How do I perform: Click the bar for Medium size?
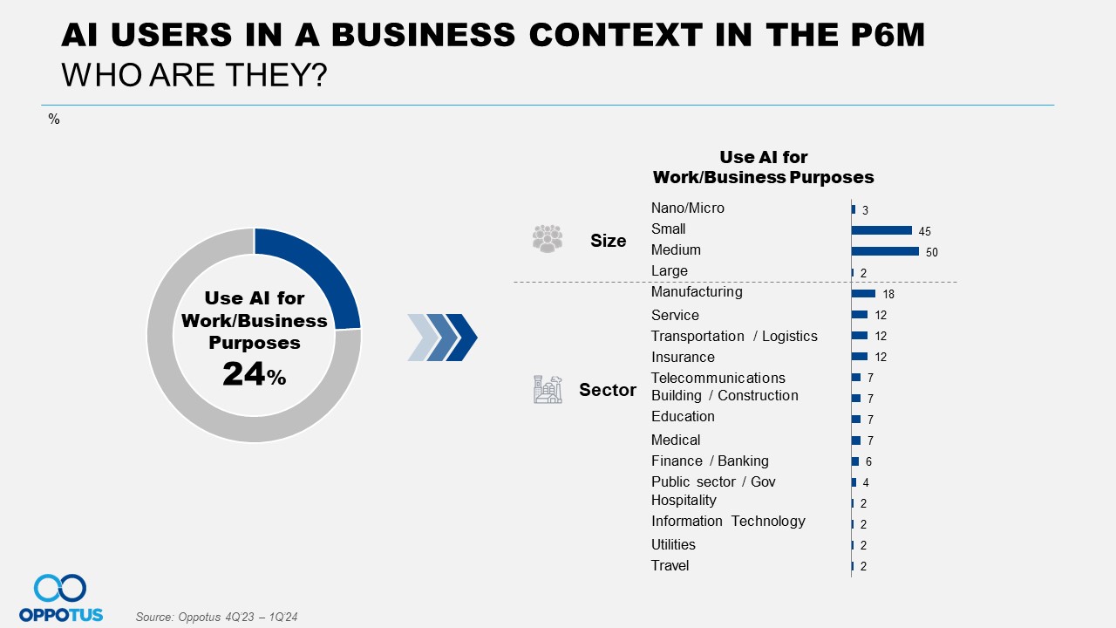point(885,251)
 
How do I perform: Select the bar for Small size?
point(881,230)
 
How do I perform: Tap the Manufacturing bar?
point(863,293)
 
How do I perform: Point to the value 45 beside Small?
point(925,231)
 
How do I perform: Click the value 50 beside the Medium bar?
point(932,252)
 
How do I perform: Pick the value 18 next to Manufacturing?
point(888,294)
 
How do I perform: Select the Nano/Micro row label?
point(688,208)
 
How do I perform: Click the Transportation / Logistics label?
point(734,336)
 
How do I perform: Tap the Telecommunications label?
point(718,378)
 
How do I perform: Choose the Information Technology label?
point(728,521)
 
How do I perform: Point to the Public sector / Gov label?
point(713,481)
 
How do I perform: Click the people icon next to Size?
point(548,238)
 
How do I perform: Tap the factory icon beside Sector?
point(548,389)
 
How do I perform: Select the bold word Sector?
point(608,390)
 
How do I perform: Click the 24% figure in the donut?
point(254,374)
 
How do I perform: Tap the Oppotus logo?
point(61,597)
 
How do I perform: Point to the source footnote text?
point(217,617)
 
